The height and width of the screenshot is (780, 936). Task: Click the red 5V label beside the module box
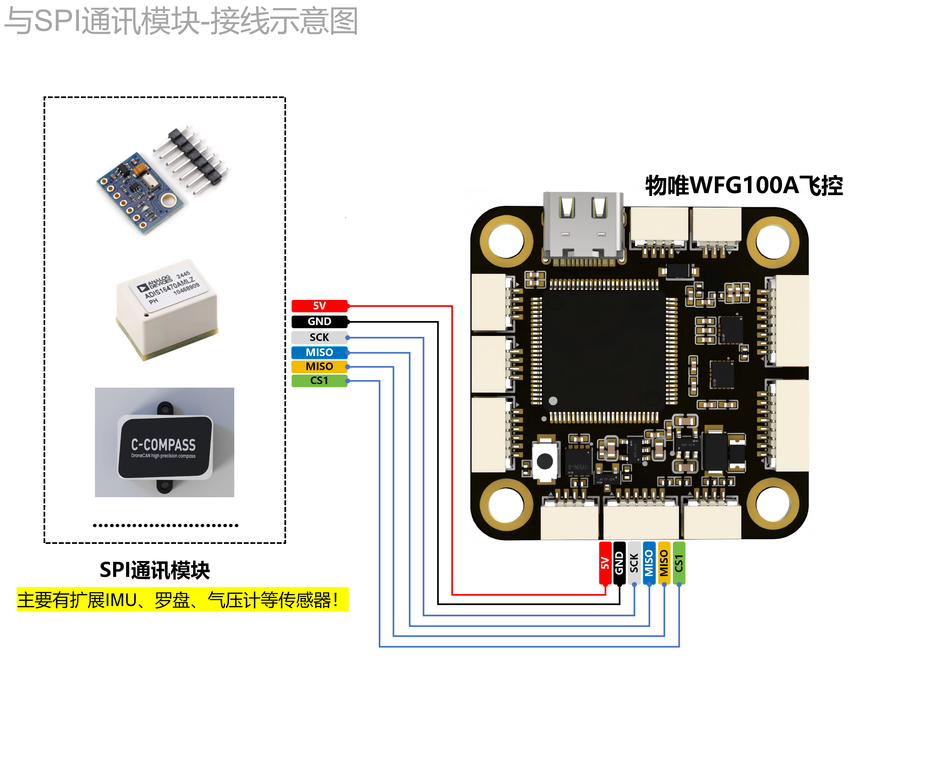click(x=319, y=306)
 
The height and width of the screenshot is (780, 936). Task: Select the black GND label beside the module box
click(x=319, y=321)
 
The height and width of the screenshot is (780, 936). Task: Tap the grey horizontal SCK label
click(x=319, y=337)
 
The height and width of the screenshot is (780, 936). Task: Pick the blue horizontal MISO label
click(x=319, y=353)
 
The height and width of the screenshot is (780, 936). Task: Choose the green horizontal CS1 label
click(x=319, y=381)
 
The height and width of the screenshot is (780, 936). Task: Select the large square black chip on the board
click(x=604, y=350)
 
